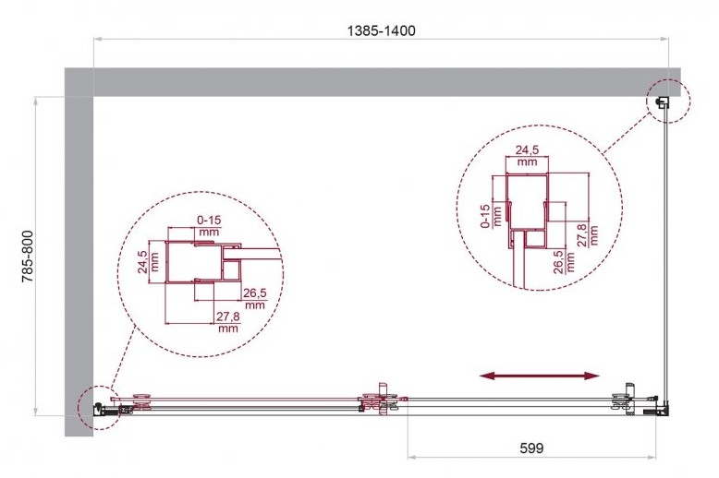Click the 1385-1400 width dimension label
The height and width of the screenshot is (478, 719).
pyautogui.click(x=381, y=30)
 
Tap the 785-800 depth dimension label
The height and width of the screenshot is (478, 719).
pyautogui.click(x=28, y=256)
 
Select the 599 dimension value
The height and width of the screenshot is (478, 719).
pyautogui.click(x=531, y=448)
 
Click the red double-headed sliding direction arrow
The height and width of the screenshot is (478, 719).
pyautogui.click(x=540, y=376)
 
